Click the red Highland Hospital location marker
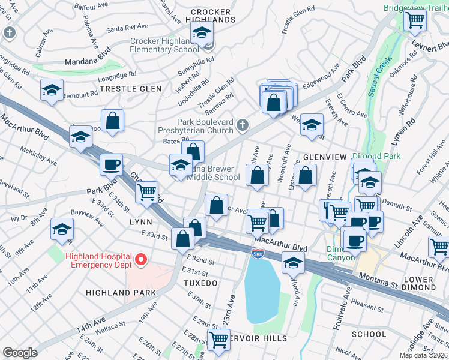(141, 259)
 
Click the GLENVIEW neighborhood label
(325, 157)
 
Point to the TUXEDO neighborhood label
(200, 283)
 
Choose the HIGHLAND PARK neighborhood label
(121, 293)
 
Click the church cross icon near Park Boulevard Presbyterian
(242, 125)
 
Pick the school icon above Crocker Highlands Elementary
(202, 32)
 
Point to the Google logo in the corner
(20, 353)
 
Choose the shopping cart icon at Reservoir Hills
(218, 339)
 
